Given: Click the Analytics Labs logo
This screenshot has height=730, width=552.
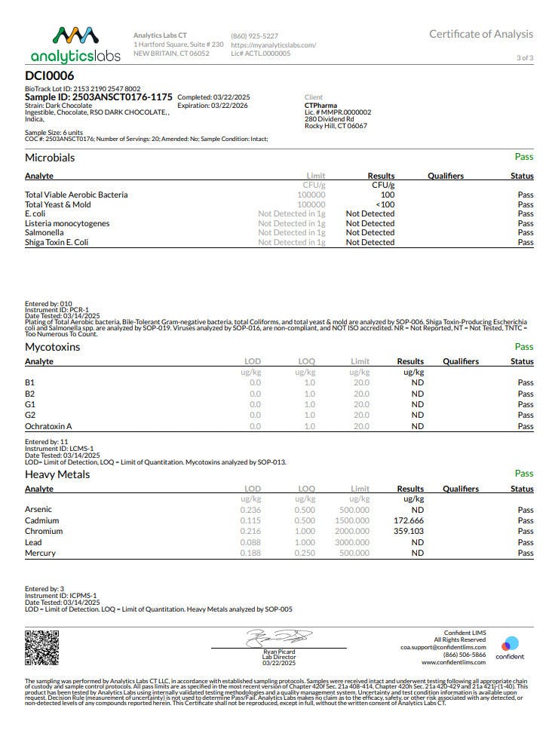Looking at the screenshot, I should (x=65, y=44).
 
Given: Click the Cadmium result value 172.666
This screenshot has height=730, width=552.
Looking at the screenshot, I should (x=409, y=520).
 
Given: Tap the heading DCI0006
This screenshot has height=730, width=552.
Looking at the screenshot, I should (x=50, y=75).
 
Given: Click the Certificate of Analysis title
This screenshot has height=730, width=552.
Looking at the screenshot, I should (x=480, y=34).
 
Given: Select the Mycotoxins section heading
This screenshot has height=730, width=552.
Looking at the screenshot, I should (x=52, y=347).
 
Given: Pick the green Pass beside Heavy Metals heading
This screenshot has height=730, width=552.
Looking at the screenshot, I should (x=523, y=474).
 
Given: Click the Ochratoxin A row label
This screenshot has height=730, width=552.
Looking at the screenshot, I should (x=48, y=426).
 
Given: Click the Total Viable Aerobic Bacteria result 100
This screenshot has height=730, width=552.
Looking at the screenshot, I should (x=388, y=195).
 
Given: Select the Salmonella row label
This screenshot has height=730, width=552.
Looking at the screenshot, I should (x=44, y=233).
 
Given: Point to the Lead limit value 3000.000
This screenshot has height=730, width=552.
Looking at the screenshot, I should (x=353, y=542).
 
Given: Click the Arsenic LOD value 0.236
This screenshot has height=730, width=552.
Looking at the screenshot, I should (x=250, y=510).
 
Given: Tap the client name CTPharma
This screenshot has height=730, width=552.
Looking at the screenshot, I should (x=320, y=106).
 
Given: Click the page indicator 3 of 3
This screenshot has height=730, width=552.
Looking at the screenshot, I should (x=525, y=58).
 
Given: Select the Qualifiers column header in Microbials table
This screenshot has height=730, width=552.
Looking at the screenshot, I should (x=446, y=176).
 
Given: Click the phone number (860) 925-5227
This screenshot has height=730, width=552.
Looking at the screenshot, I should (x=254, y=35).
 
